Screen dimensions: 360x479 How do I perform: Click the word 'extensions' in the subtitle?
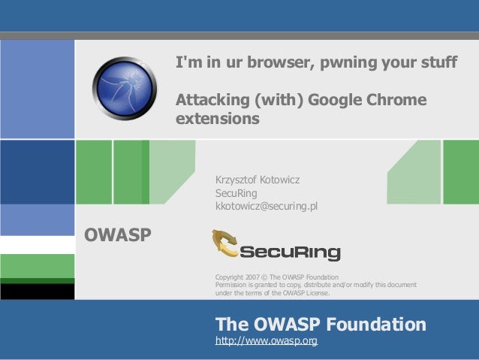(218, 119)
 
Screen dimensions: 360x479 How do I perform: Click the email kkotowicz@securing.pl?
(267, 204)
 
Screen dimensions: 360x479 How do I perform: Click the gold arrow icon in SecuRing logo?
(225, 247)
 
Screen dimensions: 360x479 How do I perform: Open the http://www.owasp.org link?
(267, 342)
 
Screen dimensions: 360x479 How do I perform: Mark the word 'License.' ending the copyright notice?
(314, 292)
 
